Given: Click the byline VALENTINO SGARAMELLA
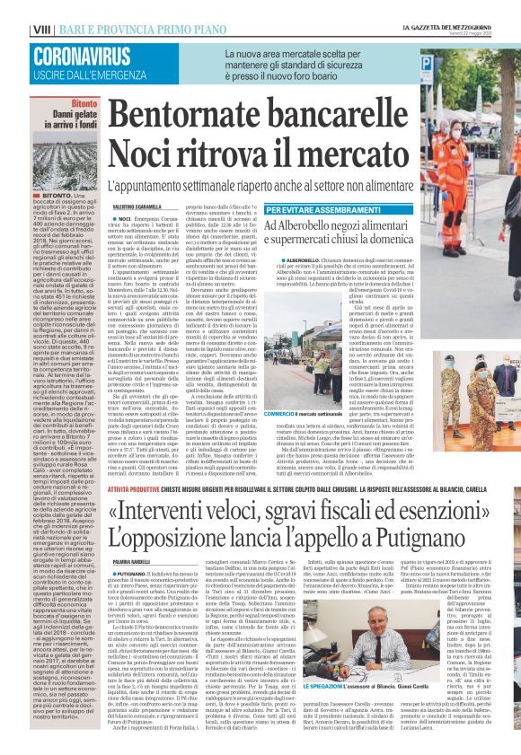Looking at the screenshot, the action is coord(142,207).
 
